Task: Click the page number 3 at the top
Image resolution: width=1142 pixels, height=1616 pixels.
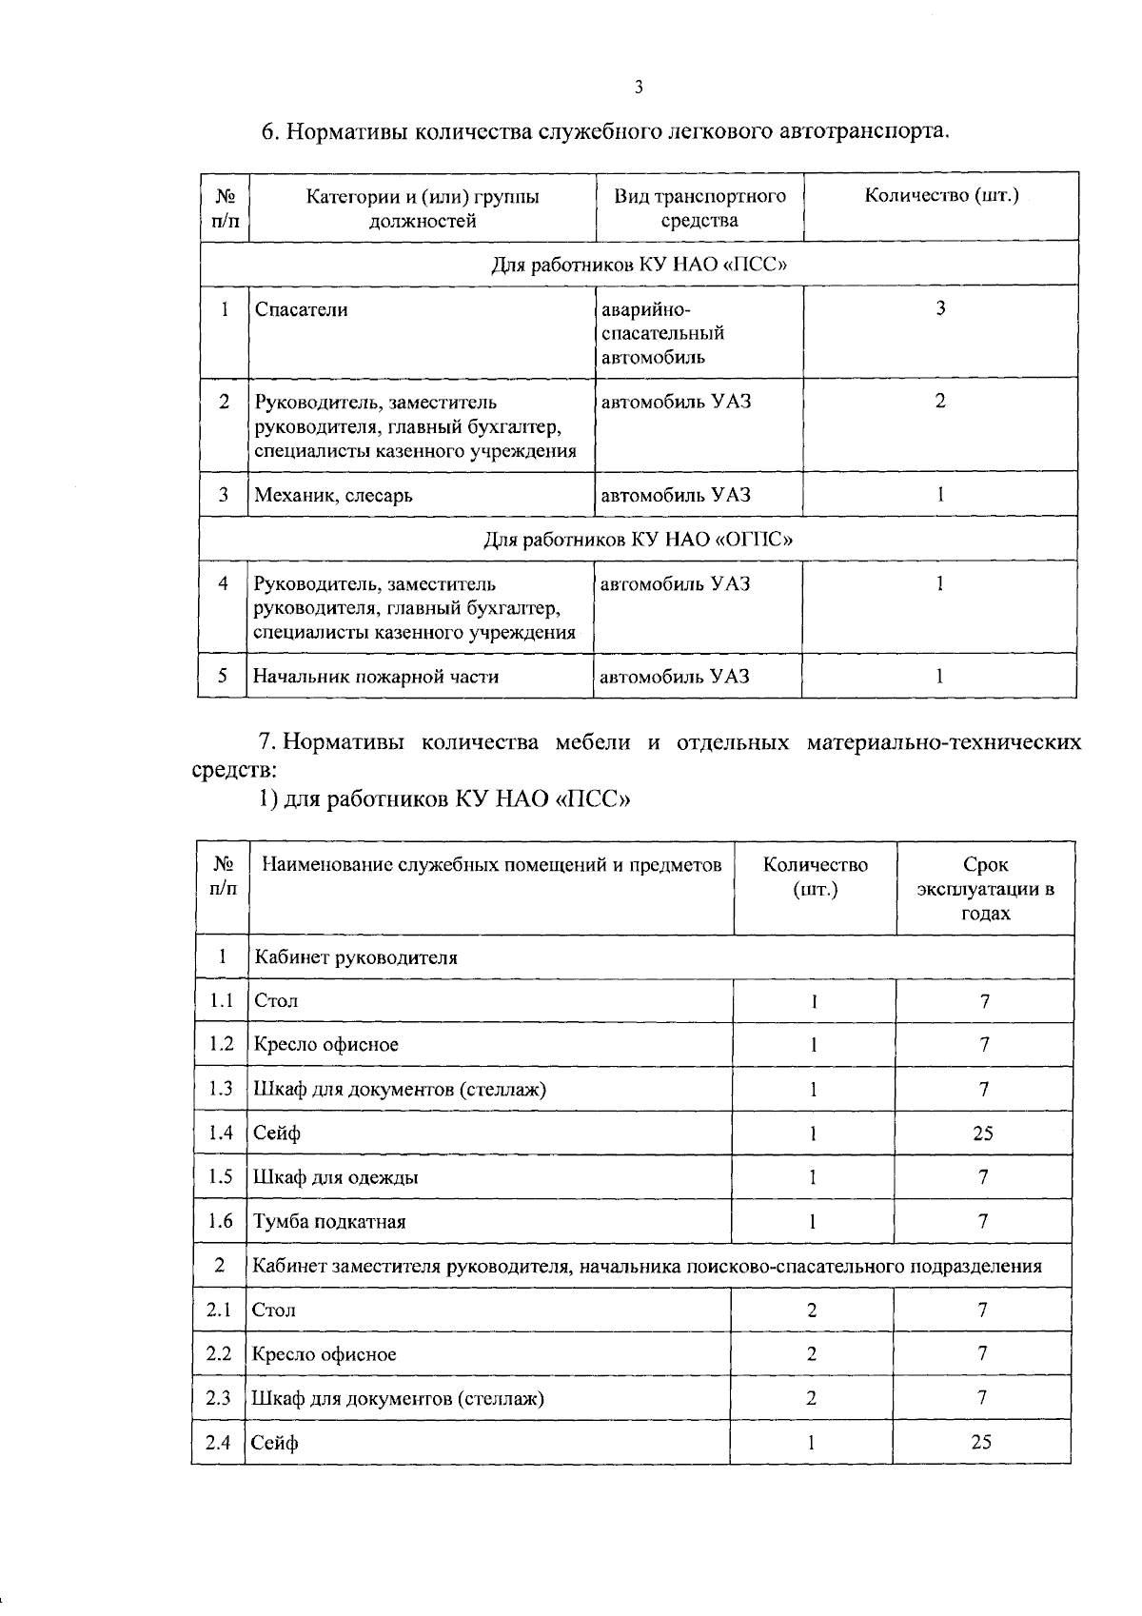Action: pos(639,88)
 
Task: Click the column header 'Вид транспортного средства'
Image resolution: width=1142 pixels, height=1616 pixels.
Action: pos(699,208)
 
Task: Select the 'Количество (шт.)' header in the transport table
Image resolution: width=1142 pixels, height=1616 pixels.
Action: pos(941,196)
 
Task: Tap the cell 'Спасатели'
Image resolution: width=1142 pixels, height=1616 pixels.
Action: pos(301,309)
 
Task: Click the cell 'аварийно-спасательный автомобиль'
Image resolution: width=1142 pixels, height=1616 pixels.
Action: pos(662,333)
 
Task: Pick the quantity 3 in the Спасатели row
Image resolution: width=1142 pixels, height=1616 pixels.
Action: pos(940,308)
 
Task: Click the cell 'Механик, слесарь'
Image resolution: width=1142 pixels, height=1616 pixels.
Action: pos(333,495)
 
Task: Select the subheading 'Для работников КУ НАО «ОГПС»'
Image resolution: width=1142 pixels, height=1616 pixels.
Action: pos(639,540)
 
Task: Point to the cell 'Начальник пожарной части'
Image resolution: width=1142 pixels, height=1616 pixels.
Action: pos(375,677)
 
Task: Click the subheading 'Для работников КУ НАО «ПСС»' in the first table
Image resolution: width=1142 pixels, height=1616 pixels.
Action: pos(639,264)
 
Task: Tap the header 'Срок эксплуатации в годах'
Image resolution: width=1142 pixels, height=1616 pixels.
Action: pos(985,889)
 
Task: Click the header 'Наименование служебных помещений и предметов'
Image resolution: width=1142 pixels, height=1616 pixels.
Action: pos(491,865)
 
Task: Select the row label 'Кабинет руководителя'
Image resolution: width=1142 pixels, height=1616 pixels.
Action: pos(355,957)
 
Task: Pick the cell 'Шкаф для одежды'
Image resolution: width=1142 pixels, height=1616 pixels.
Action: pos(335,1177)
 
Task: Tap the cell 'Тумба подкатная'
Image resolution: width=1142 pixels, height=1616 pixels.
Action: pos(329,1222)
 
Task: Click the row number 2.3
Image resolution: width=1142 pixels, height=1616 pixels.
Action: pos(219,1398)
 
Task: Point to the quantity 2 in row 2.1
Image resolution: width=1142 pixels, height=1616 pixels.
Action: pos(812,1311)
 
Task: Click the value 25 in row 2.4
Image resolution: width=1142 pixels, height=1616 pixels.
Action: pos(981,1443)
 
